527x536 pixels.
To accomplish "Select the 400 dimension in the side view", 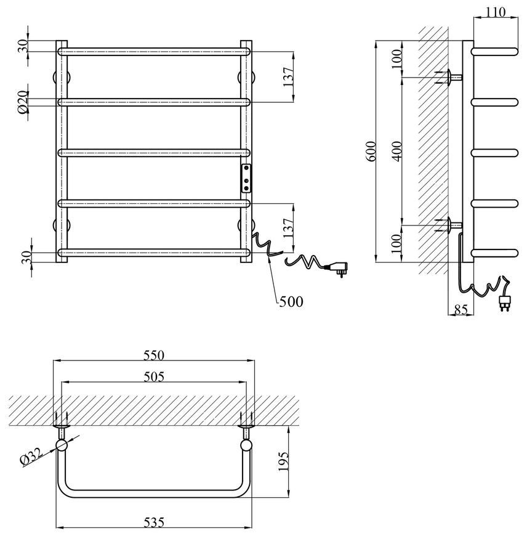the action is [397, 152].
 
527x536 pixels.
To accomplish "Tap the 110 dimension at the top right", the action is [495, 12].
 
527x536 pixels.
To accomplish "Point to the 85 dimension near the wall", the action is [461, 309].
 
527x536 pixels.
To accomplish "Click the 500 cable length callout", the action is [291, 301].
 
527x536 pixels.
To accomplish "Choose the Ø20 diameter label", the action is [23, 102].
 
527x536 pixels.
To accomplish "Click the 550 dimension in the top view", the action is [154, 355].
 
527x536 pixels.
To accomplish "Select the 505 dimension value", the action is [154, 376].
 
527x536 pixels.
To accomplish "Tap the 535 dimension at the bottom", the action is [154, 522].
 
